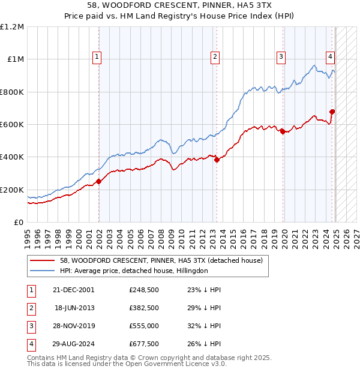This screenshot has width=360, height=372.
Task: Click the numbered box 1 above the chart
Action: point(97,57)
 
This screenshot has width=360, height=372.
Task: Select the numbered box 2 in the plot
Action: point(215,57)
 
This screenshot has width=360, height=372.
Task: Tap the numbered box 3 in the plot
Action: point(281,57)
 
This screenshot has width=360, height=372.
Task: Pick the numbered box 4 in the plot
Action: point(330,57)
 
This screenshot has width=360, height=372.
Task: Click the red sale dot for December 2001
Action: point(98,182)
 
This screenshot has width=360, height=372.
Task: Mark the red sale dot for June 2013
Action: point(217,160)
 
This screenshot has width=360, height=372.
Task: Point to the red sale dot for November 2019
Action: point(283,132)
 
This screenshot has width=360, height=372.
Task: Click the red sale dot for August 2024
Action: point(332,112)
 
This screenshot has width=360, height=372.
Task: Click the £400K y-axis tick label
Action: point(12,157)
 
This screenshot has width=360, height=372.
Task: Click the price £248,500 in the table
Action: point(143,289)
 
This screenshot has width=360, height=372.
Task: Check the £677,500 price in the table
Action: point(143,344)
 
